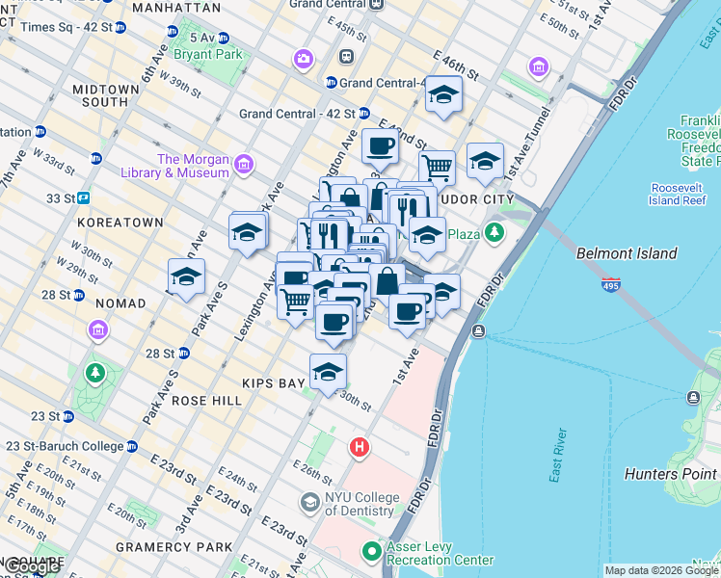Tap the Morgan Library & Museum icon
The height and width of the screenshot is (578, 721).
tap(242, 166)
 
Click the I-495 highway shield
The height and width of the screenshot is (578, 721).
tap(616, 285)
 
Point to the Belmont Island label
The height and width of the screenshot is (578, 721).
tap(627, 254)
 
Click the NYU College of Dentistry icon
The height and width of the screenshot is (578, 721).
tap(309, 502)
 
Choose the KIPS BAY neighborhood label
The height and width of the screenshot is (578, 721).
tap(274, 383)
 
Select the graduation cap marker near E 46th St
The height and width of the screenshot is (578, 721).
tap(443, 94)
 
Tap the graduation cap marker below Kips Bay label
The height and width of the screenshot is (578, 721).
tap(328, 372)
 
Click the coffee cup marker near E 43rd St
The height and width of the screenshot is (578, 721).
tap(380, 147)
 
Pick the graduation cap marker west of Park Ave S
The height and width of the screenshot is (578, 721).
tap(186, 277)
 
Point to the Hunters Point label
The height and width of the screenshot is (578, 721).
tap(671, 473)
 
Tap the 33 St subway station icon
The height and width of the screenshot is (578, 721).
tap(84, 197)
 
